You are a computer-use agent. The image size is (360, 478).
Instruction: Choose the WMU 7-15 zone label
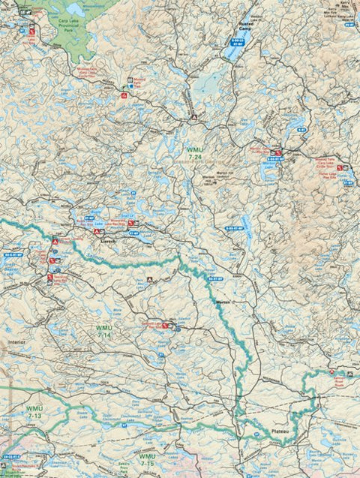tap(147, 458)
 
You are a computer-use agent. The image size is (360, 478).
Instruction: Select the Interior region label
tap(16, 341)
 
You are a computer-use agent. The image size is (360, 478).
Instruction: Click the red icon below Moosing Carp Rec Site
tap(124, 96)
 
